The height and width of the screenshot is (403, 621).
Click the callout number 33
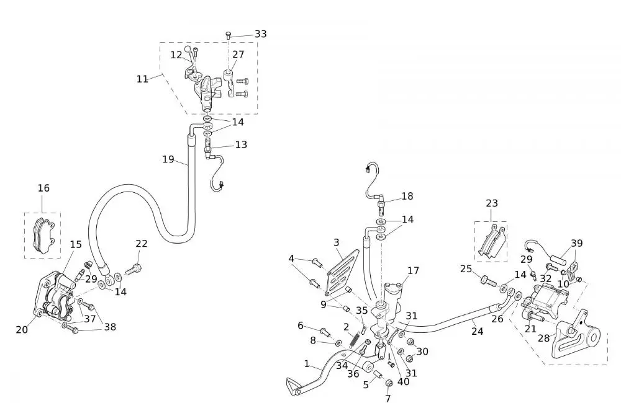coord(261,33)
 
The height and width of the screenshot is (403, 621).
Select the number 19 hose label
coord(168,159)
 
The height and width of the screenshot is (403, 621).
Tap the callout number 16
coord(43,188)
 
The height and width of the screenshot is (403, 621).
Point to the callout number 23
coord(492,203)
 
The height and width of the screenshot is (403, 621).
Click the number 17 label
coord(414,270)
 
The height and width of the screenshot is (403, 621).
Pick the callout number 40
coord(404,382)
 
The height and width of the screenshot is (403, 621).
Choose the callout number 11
coord(143,79)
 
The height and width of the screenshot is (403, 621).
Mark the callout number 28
coord(543,338)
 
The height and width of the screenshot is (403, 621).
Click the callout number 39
coord(577,243)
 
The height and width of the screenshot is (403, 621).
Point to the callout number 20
coord(22,330)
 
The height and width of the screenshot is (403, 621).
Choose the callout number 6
coord(301,325)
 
